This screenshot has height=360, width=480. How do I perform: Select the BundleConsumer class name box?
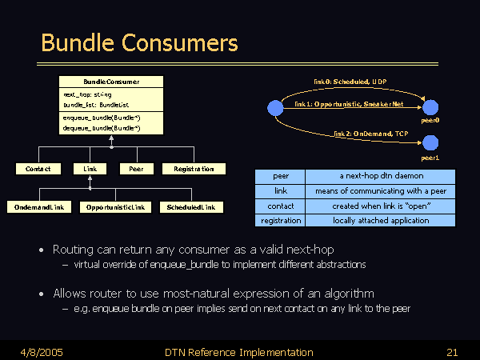pyautogui.click(x=111, y=82)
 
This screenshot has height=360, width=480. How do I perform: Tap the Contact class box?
pyautogui.click(x=38, y=169)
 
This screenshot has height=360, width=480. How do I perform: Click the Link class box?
pyautogui.click(x=90, y=169)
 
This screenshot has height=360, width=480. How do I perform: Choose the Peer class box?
pyautogui.click(x=136, y=169)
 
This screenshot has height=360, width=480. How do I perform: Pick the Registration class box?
pyautogui.click(x=194, y=169)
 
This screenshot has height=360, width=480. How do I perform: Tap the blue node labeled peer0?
pyautogui.click(x=430, y=107)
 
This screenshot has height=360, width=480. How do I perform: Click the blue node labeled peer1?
pyautogui.click(x=430, y=144)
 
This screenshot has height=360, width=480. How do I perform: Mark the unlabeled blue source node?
pyautogui.click(x=274, y=107)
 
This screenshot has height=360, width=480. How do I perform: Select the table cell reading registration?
pyautogui.click(x=281, y=219)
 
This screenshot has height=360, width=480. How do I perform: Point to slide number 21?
pyautogui.click(x=452, y=352)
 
